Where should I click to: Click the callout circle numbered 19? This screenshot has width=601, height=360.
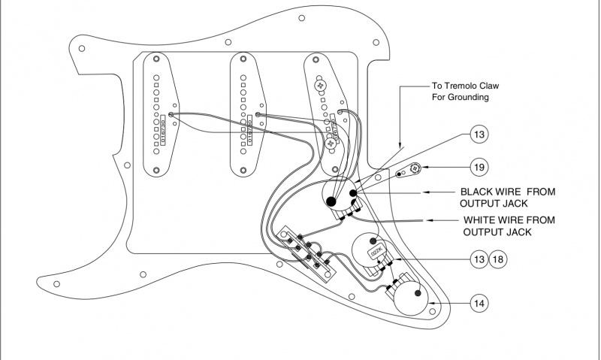coord(479,166)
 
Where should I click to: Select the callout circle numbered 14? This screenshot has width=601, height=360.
coord(479,304)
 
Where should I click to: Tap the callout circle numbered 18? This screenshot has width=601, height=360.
coord(499,259)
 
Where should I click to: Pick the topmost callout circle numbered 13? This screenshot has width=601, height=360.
coord(479,135)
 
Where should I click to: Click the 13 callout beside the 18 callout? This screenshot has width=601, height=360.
coord(479,259)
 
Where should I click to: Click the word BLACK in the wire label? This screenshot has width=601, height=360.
coord(479,192)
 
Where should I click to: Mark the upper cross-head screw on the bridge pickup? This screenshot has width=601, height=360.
coord(321,85)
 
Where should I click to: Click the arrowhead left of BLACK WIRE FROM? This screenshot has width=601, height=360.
coord(425,192)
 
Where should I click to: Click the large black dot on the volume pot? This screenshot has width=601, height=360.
coord(331,201)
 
